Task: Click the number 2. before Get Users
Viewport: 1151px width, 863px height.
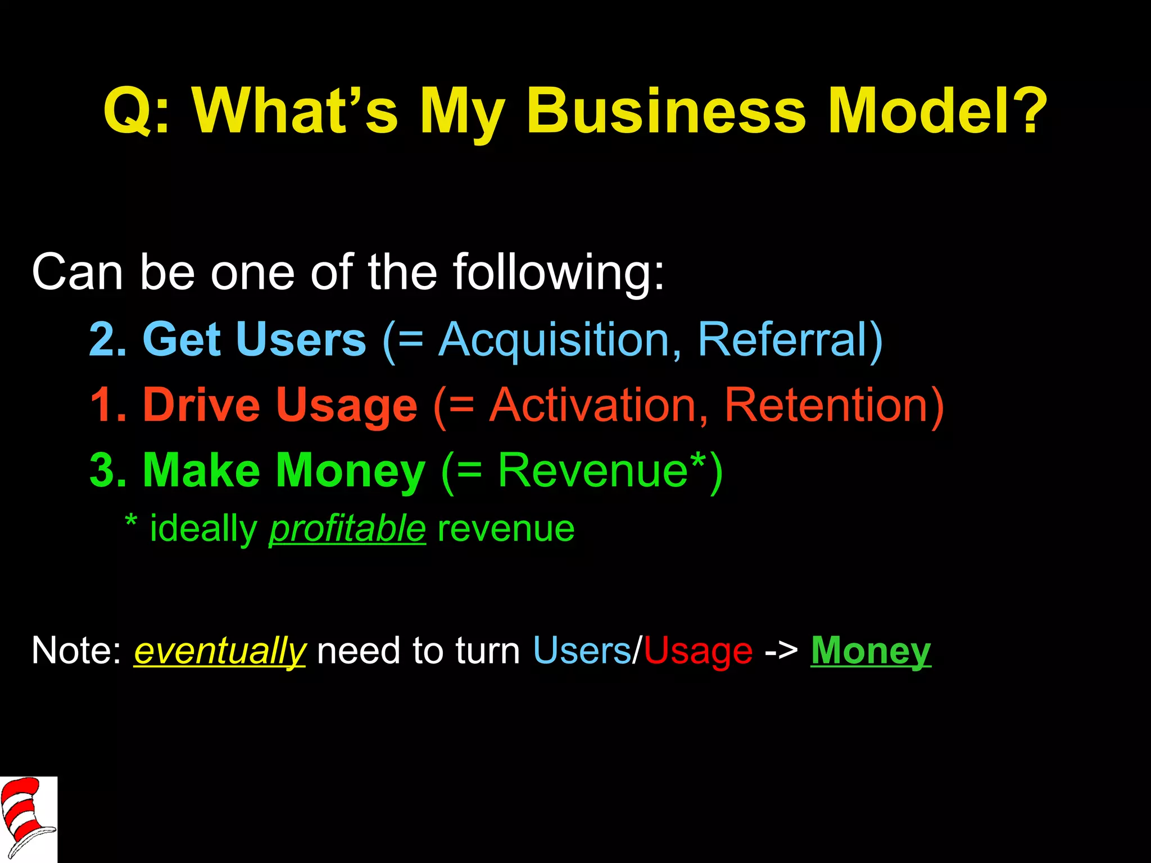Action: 108,339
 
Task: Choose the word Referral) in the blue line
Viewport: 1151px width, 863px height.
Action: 790,339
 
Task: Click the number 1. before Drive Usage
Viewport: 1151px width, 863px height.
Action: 108,405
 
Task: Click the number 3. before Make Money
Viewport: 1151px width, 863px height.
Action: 108,470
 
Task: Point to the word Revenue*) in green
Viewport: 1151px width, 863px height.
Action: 610,470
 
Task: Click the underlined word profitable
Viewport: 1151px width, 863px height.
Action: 347,530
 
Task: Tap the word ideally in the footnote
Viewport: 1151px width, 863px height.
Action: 203,530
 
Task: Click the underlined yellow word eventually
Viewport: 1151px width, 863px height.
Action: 220,652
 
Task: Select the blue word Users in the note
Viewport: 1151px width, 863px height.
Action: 582,651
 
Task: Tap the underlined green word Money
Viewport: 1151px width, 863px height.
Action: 871,652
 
